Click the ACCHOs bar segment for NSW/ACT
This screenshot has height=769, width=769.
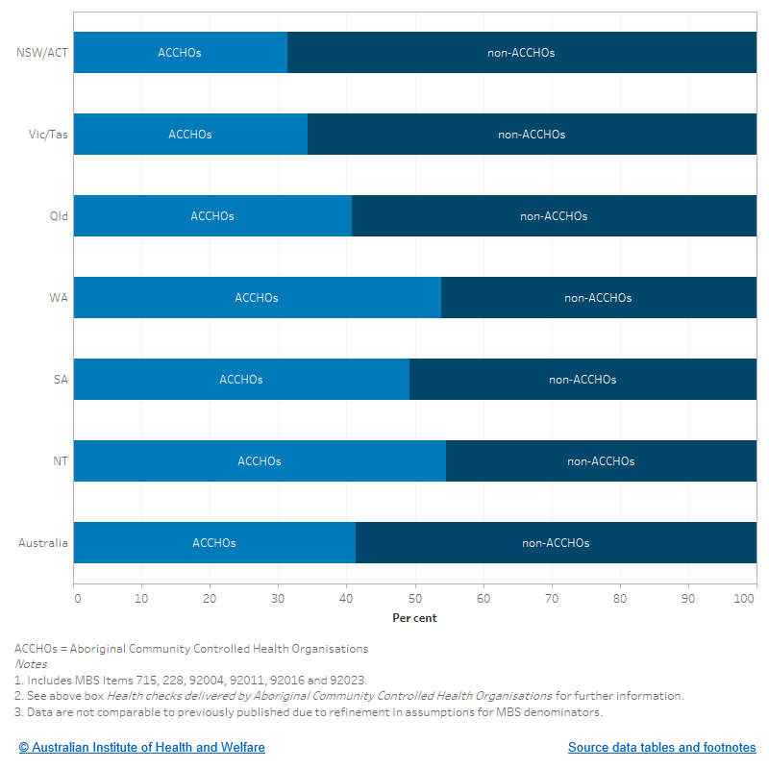(x=180, y=53)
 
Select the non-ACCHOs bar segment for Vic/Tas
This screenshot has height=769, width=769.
(x=532, y=135)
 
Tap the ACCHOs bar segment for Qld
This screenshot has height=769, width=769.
(x=212, y=216)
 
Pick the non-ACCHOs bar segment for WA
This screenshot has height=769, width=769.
(x=598, y=298)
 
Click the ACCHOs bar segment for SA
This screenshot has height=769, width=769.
(x=241, y=380)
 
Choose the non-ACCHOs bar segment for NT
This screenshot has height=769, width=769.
(x=601, y=461)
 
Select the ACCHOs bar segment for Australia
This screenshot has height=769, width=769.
(x=214, y=543)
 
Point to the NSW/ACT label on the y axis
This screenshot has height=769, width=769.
(x=42, y=53)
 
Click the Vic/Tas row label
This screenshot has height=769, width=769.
(x=48, y=135)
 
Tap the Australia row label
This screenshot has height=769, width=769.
(x=43, y=543)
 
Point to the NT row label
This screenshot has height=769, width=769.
(x=60, y=461)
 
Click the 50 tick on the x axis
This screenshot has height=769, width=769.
(x=415, y=598)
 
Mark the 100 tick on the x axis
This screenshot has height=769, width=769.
(x=745, y=598)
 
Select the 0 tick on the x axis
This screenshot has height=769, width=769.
(x=77, y=598)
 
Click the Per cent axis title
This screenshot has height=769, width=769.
(x=414, y=618)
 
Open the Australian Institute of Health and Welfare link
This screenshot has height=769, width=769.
(x=141, y=747)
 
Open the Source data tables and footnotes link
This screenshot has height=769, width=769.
(x=661, y=747)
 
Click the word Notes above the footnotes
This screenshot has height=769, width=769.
(x=31, y=664)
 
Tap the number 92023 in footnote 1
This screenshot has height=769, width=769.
(x=348, y=680)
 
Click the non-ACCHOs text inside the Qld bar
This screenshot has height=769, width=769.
(x=554, y=216)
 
